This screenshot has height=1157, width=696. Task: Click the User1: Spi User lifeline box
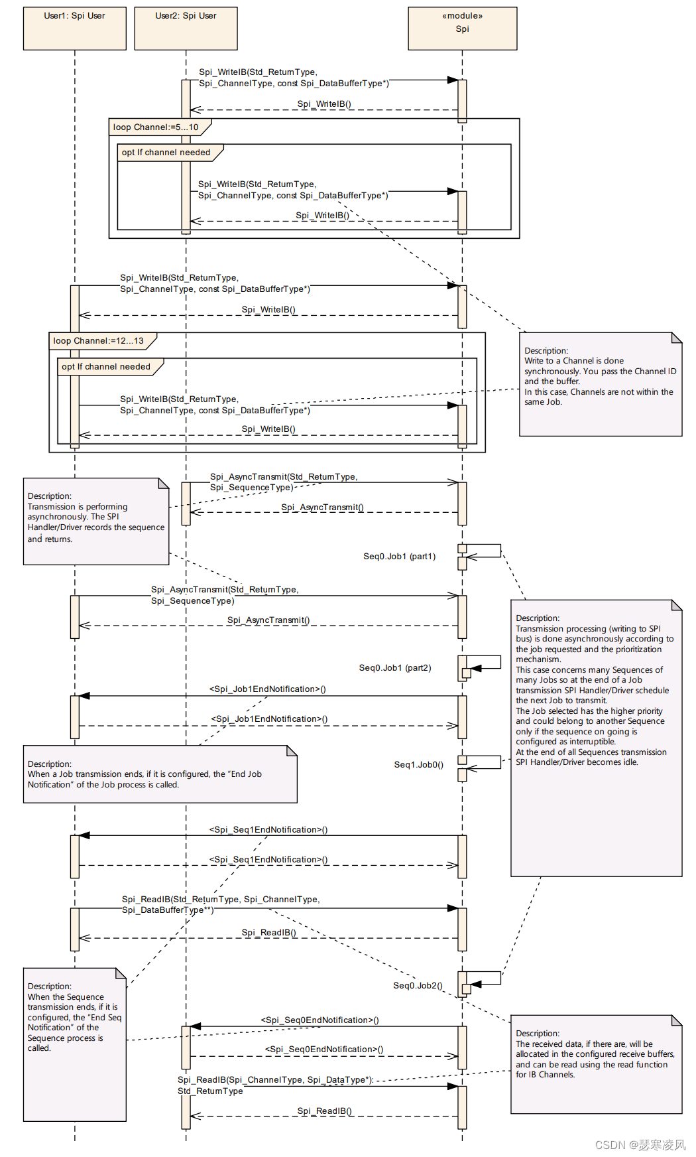(75, 29)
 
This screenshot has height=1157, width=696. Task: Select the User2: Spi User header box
(186, 29)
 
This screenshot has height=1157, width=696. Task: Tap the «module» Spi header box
(462, 29)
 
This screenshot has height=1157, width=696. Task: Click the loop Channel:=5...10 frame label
(156, 127)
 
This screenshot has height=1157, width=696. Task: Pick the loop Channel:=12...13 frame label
(99, 341)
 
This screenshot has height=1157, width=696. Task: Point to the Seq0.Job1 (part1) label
(399, 557)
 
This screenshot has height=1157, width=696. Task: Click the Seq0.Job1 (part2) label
(395, 668)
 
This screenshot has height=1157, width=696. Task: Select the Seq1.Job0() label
(418, 765)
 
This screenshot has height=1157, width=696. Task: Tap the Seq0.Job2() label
(418, 986)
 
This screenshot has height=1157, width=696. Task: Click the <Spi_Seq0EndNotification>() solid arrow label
(319, 1020)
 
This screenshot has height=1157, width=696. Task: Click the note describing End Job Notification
(159, 774)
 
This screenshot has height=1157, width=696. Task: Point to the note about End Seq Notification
(74, 1044)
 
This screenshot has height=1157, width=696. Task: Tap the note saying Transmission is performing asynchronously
(96, 521)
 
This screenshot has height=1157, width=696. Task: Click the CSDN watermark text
(640, 1145)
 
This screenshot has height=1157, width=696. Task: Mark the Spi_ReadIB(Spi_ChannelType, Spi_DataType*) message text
(275, 1080)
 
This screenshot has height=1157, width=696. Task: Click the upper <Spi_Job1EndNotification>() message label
(268, 689)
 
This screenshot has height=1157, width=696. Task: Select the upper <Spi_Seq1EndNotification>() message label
(268, 830)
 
